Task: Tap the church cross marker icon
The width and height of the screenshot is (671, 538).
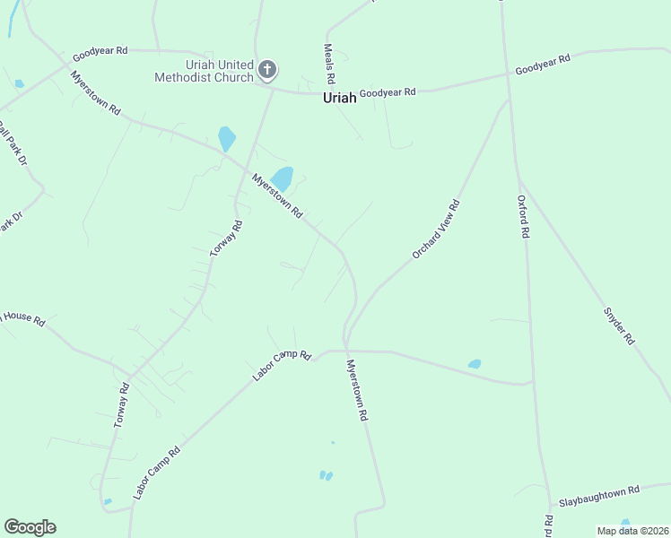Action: [266, 69]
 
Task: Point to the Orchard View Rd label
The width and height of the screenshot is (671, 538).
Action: [436, 230]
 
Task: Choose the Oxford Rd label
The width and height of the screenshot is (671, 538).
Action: [525, 216]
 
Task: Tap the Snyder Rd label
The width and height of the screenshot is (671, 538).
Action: [618, 327]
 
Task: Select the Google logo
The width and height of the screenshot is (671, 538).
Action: [30, 527]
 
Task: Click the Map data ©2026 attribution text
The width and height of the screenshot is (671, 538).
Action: [632, 531]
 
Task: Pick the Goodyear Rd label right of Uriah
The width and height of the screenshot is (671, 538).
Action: [388, 92]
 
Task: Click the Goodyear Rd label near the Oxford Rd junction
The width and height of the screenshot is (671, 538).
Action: [542, 65]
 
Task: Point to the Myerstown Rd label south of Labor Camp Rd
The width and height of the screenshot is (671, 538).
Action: [358, 392]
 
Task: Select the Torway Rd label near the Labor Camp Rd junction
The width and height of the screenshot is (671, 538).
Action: [122, 404]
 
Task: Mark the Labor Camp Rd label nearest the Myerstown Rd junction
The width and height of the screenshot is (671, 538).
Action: [281, 367]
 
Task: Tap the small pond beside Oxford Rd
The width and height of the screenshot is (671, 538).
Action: [474, 364]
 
